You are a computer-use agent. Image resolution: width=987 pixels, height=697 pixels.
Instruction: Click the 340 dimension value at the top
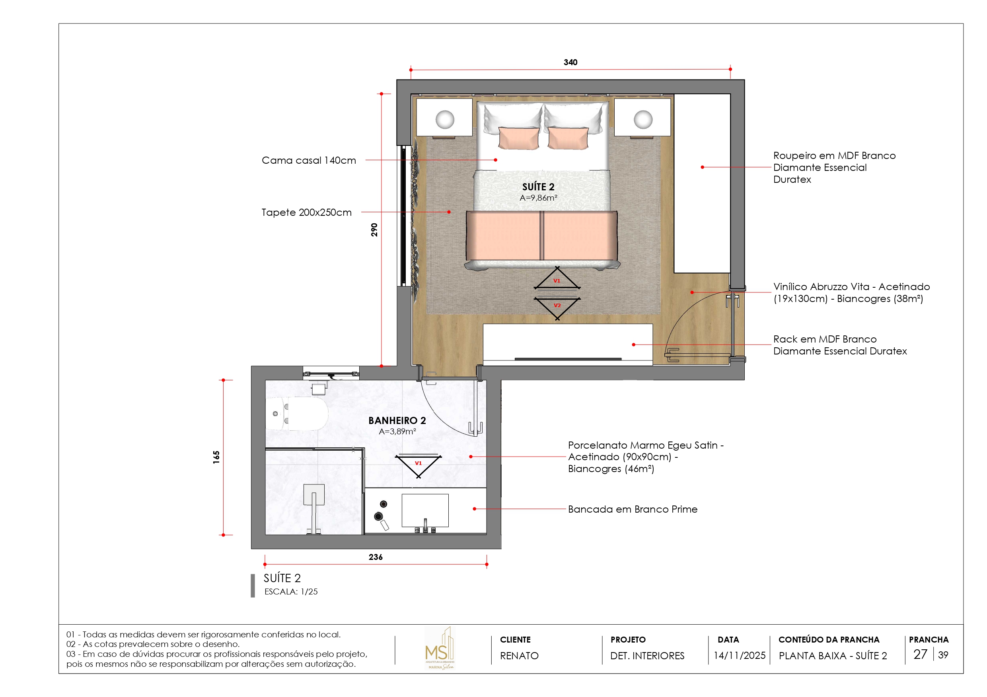tap(570, 62)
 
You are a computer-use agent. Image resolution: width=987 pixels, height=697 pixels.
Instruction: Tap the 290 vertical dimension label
tap(374, 230)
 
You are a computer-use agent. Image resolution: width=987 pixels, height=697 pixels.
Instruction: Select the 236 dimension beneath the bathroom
tap(375, 557)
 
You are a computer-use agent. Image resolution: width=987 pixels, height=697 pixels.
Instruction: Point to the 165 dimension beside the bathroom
tap(216, 457)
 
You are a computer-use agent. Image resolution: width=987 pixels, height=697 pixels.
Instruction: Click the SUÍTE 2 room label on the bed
tap(538, 187)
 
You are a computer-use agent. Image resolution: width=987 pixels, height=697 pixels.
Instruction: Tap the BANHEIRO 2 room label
tap(397, 420)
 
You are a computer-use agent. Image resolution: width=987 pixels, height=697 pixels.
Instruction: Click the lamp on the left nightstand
tap(444, 119)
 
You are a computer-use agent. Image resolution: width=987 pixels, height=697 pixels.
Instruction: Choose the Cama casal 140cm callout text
tap(309, 161)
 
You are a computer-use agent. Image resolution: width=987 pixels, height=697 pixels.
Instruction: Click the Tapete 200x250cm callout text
tap(306, 213)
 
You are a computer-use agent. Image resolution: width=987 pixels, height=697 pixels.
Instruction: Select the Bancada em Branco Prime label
tap(633, 509)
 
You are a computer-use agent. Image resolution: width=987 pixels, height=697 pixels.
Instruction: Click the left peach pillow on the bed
tap(518, 138)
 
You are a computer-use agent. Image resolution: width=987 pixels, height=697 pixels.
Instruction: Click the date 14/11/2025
tap(740, 655)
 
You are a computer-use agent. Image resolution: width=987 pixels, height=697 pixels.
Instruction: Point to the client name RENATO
tap(519, 656)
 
